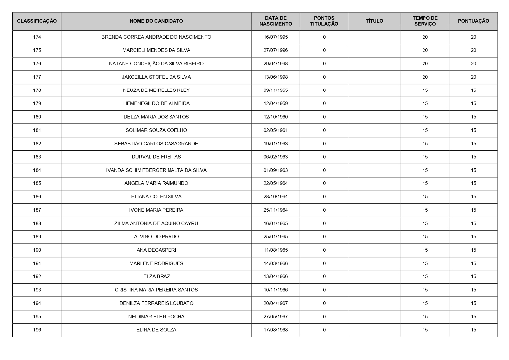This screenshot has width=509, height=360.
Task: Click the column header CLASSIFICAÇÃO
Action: [x=37, y=21]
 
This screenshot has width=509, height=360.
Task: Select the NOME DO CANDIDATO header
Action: [x=156, y=21]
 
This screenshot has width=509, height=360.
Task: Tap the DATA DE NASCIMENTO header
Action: [x=275, y=21]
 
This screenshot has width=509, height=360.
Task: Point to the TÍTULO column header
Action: [x=374, y=21]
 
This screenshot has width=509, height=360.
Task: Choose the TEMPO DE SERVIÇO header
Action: [x=425, y=21]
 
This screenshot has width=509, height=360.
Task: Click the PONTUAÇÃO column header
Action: [x=473, y=21]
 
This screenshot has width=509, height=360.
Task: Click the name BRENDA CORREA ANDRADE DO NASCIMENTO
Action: [x=156, y=37]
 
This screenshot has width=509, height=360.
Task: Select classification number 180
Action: [x=37, y=117]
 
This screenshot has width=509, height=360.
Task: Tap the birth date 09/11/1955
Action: [x=275, y=90]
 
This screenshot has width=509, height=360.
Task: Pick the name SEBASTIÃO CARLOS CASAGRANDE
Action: [x=156, y=144]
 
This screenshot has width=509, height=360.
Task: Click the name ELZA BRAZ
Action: [x=156, y=276]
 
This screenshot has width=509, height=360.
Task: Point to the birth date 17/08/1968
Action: [x=275, y=330]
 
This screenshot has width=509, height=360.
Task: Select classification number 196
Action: [x=37, y=330]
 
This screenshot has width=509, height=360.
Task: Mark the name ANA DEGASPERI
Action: [x=156, y=250]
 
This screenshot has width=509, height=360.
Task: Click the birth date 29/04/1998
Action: [x=275, y=64]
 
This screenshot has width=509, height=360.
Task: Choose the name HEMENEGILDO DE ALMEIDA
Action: [x=156, y=104]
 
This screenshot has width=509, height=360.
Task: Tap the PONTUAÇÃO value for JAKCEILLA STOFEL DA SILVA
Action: [x=473, y=77]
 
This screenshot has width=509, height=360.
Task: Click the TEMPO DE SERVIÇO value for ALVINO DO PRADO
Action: [x=425, y=237]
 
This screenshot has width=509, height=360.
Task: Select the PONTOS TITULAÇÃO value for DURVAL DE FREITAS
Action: [x=324, y=157]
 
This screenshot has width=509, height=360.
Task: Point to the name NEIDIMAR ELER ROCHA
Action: [x=156, y=317]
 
